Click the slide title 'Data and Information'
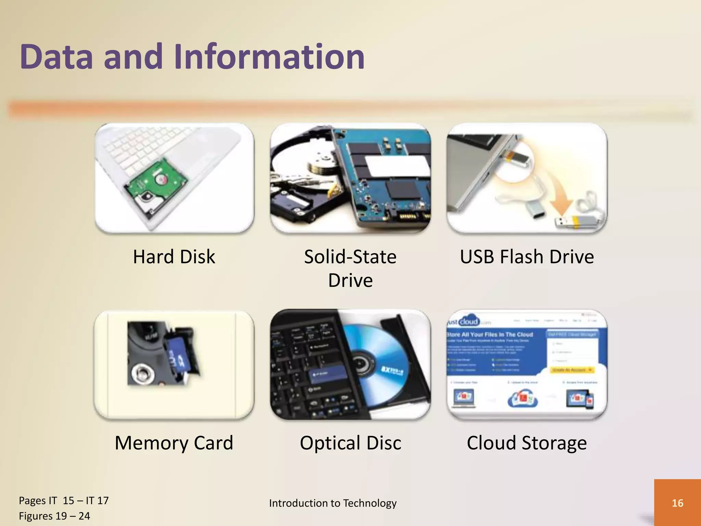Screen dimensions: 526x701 tap(192, 57)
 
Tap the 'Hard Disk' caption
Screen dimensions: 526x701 tap(174, 257)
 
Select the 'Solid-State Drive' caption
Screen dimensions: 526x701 tap(350, 268)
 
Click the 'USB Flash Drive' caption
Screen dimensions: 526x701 tap(527, 257)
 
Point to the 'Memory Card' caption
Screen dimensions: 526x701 tap(174, 443)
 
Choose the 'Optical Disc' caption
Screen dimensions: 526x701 tap(350, 443)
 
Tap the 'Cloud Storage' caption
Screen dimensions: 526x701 tap(527, 443)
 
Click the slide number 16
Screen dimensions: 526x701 tap(677, 503)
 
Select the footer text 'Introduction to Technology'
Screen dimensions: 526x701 tap(333, 503)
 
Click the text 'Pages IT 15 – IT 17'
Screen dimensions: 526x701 tap(64, 501)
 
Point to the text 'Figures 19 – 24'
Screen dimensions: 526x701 tap(54, 516)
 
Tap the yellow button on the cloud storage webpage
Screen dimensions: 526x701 tap(572, 370)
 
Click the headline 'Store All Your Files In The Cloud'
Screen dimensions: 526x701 tap(490, 334)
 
